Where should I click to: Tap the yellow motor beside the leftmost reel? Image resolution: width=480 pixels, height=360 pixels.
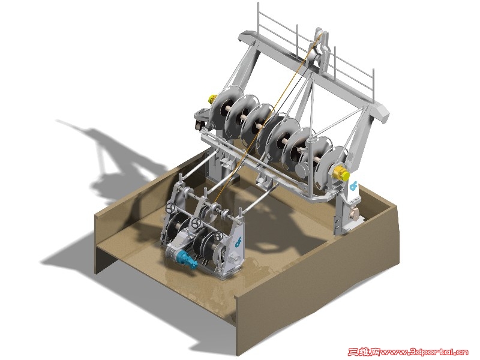212,99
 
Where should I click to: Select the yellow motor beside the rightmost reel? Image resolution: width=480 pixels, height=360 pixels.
341,173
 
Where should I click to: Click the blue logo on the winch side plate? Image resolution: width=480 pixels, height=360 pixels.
238,241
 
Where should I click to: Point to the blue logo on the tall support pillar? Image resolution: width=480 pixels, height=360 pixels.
353,185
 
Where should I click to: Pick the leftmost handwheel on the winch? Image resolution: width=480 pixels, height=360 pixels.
170,208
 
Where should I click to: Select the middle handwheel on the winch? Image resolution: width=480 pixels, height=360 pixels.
196,223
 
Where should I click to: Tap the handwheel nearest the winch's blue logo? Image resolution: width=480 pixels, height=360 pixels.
218,236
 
